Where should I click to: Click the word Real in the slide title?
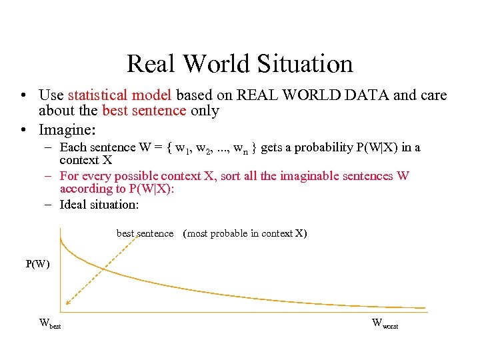(151, 64)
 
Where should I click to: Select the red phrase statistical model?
(120, 95)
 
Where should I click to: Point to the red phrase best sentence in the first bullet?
(144, 111)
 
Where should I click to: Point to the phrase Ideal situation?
(99, 205)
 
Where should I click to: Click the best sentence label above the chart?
(145, 233)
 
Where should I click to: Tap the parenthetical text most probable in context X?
(245, 233)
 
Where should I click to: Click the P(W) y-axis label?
(38, 264)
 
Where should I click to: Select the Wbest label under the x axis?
(50, 325)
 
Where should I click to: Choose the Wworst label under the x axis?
(385, 325)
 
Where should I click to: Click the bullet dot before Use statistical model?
(23, 96)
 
